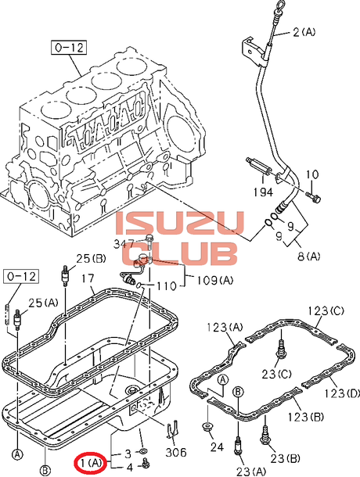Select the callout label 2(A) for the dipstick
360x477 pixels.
304,31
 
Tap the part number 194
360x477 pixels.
264,192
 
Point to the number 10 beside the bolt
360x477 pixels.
312,174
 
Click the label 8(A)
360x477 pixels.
308,256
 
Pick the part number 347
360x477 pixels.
124,244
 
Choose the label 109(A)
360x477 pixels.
214,280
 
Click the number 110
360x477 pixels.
166,285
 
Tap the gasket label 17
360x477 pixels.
88,278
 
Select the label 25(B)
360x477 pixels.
91,259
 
